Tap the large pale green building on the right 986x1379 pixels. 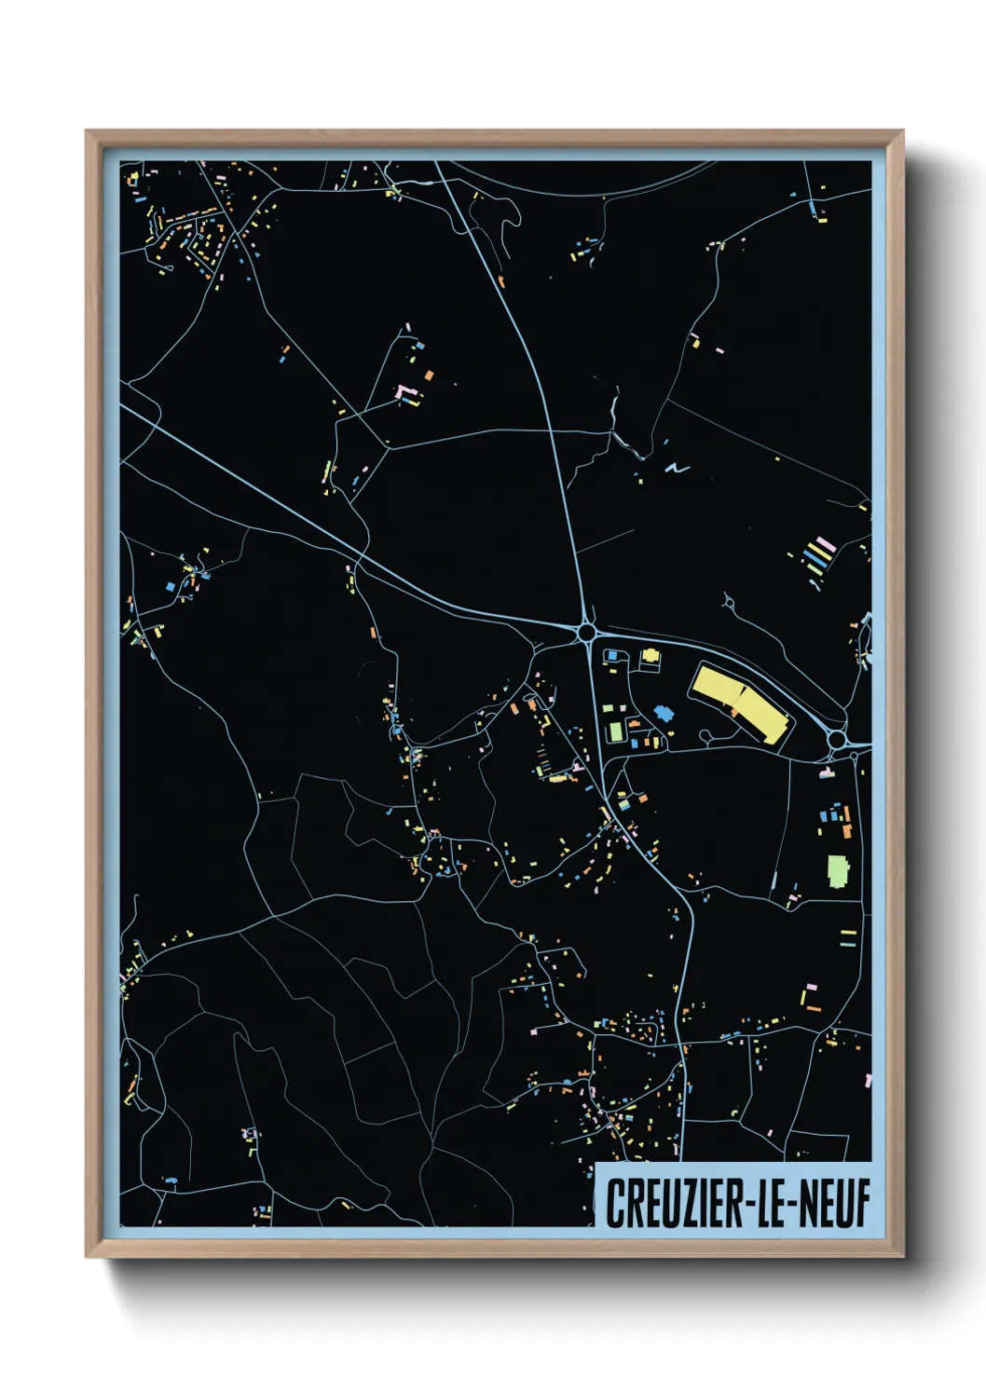[838, 871]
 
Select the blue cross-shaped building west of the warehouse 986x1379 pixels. [664, 713]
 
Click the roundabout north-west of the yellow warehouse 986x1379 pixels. [586, 634]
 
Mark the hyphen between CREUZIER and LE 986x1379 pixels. [745, 1204]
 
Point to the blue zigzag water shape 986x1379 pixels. [678, 468]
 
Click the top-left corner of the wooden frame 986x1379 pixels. [87, 131]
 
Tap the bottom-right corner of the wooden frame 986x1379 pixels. [902, 1257]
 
